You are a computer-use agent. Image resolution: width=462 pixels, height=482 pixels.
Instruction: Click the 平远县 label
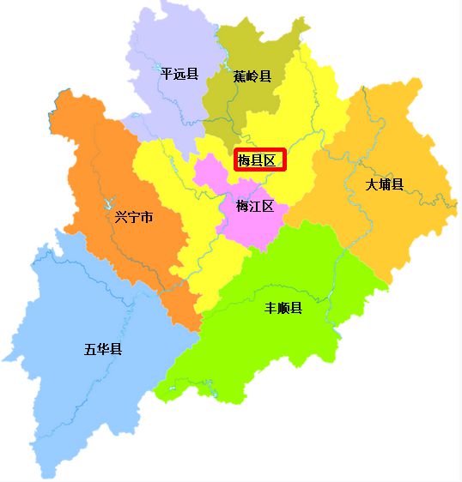click(x=179, y=74)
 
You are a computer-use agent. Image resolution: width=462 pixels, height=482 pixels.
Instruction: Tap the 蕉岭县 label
click(x=252, y=76)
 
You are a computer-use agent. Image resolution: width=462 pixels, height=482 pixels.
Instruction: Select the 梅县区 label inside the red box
click(x=259, y=160)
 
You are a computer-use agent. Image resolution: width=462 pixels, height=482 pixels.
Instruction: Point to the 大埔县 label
click(x=384, y=184)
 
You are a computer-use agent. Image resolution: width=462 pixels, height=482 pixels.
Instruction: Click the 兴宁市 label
click(x=134, y=218)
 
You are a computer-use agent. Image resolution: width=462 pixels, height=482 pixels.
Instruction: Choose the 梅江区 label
click(x=255, y=207)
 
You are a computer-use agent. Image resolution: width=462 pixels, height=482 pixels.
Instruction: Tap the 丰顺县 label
click(x=283, y=308)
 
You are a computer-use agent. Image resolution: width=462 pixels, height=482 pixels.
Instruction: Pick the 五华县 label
click(x=103, y=349)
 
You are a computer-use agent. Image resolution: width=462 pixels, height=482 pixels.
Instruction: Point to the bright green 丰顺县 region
click(x=283, y=343)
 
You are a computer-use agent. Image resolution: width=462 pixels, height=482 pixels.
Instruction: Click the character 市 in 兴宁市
click(x=147, y=218)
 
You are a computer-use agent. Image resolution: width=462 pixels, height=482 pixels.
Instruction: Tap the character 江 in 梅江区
click(x=255, y=207)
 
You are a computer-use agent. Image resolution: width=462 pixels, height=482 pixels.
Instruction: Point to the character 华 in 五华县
click(x=103, y=349)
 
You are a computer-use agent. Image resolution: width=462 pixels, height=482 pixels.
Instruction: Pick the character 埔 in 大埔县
click(x=384, y=184)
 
